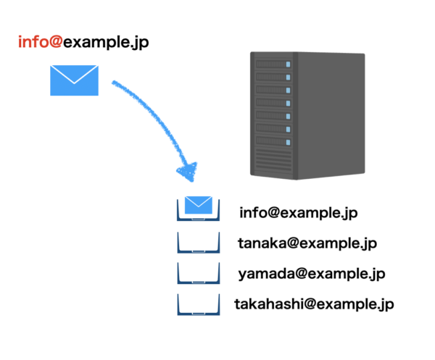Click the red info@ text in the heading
(x=41, y=43)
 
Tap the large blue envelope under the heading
(x=74, y=80)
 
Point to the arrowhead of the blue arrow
(x=188, y=172)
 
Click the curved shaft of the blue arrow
(x=156, y=116)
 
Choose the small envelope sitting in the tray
(x=198, y=204)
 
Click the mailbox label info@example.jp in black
(x=299, y=214)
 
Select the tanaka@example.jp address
(x=307, y=243)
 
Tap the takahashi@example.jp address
(x=314, y=304)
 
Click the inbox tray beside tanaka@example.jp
(x=198, y=243)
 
